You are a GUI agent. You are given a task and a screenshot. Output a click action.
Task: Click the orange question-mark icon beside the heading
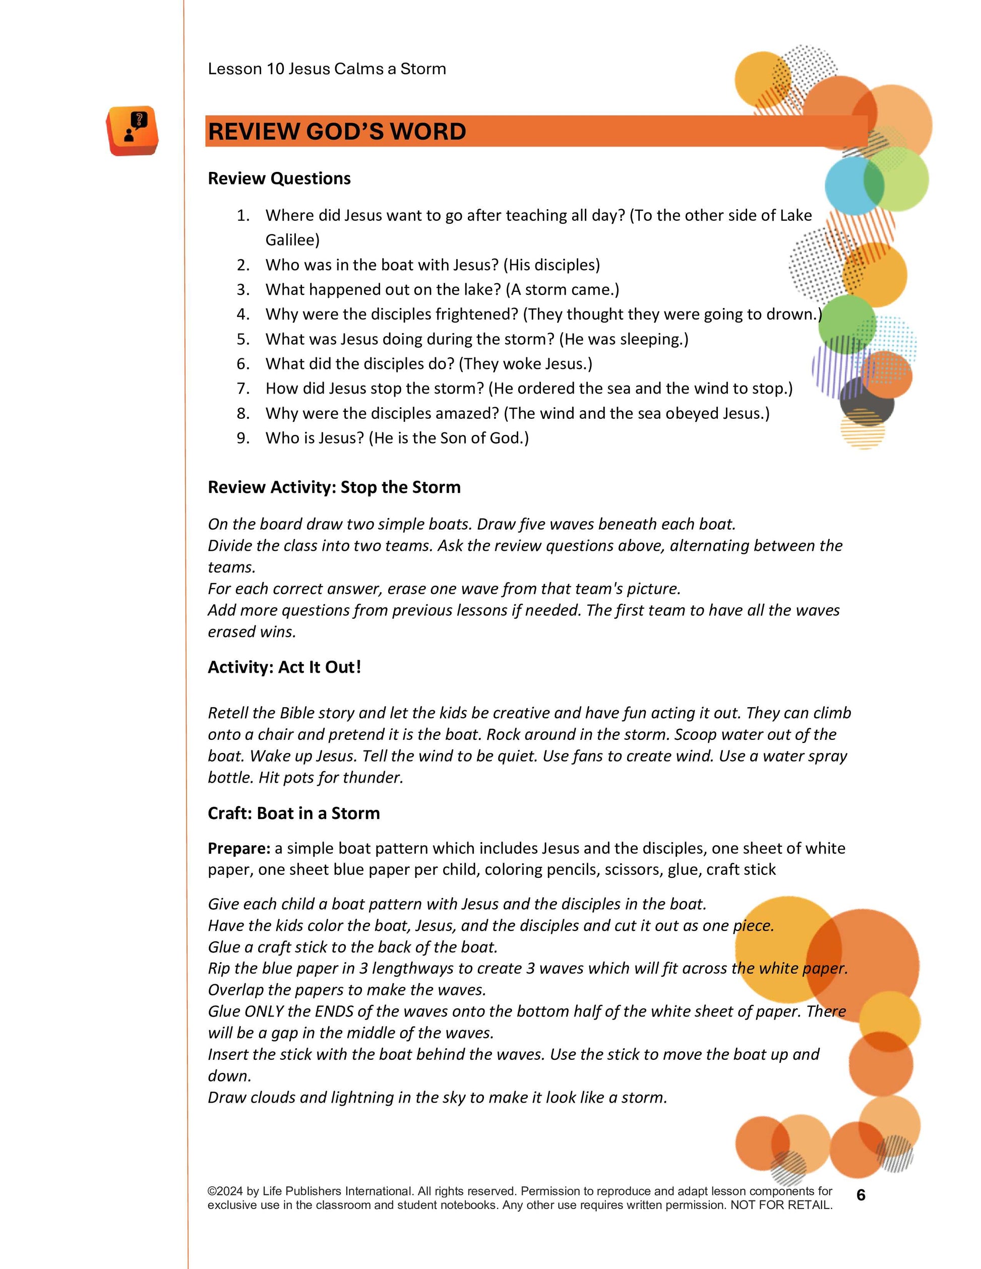133,131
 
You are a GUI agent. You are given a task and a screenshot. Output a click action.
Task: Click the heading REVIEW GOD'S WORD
337,132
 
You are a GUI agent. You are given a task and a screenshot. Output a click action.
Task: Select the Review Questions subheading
279,178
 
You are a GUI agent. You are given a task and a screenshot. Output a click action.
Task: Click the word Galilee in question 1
292,240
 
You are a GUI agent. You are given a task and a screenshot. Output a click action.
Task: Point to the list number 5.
243,339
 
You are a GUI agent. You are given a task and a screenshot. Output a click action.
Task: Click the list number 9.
243,438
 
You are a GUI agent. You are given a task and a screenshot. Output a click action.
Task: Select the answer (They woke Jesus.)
525,364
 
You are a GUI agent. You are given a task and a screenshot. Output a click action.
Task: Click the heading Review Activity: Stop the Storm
334,487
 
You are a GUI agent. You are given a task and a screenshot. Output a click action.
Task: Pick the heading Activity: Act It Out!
284,667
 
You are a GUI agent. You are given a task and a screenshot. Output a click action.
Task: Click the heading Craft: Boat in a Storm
293,813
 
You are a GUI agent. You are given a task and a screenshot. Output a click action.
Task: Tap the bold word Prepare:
239,848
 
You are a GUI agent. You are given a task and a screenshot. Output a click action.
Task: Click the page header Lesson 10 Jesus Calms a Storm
327,69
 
